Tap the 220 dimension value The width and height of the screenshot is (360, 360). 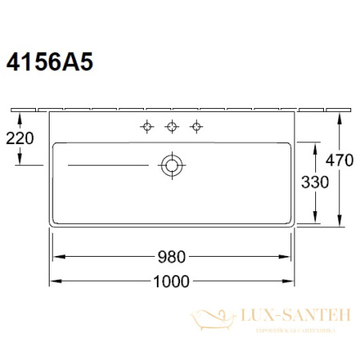[18, 138]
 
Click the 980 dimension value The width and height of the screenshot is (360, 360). [171, 257]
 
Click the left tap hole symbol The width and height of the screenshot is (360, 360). [146, 126]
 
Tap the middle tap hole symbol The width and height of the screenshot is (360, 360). [171, 126]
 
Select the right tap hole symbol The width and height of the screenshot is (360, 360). [195, 126]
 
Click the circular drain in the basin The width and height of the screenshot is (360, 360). [171, 166]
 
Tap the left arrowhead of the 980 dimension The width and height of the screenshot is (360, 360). [57, 257]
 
